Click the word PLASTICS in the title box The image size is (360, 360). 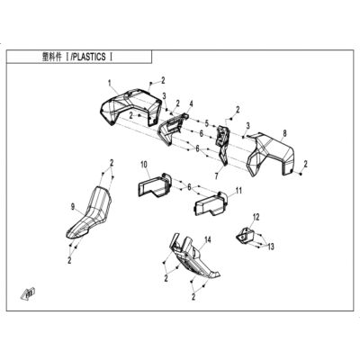tap(89, 57)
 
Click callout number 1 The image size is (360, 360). tap(110, 82)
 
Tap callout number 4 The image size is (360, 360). tap(191, 104)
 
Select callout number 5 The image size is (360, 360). tap(206, 122)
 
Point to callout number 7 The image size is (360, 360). tap(217, 175)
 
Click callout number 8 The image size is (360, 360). tap(284, 132)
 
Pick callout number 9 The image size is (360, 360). tap(72, 206)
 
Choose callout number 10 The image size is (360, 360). tap(144, 165)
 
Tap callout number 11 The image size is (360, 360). tap(238, 190)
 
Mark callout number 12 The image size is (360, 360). tap(256, 216)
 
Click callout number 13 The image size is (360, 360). tap(271, 247)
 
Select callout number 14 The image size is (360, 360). tap(208, 239)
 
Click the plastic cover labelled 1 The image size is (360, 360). tap(129, 106)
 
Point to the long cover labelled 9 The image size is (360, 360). tap(90, 213)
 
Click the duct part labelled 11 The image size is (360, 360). tap(211, 204)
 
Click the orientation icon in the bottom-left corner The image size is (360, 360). tap(28, 292)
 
